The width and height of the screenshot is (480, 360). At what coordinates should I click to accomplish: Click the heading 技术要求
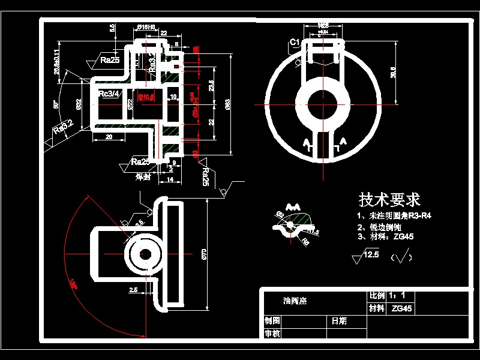[389, 199]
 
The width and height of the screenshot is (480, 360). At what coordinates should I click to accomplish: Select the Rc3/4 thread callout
[110, 93]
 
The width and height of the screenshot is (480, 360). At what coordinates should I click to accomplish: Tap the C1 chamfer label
[295, 42]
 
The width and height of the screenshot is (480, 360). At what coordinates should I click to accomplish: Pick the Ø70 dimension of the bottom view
[204, 254]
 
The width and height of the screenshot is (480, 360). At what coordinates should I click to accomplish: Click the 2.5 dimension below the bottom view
[133, 290]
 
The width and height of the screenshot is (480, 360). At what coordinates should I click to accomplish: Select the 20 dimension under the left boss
[109, 137]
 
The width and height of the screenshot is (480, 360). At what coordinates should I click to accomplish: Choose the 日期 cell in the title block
[339, 321]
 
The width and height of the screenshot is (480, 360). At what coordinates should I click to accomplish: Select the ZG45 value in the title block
[401, 309]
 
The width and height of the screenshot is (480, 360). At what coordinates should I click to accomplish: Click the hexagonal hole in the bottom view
[145, 254]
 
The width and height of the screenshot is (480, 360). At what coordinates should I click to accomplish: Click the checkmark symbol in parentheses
[401, 258]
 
